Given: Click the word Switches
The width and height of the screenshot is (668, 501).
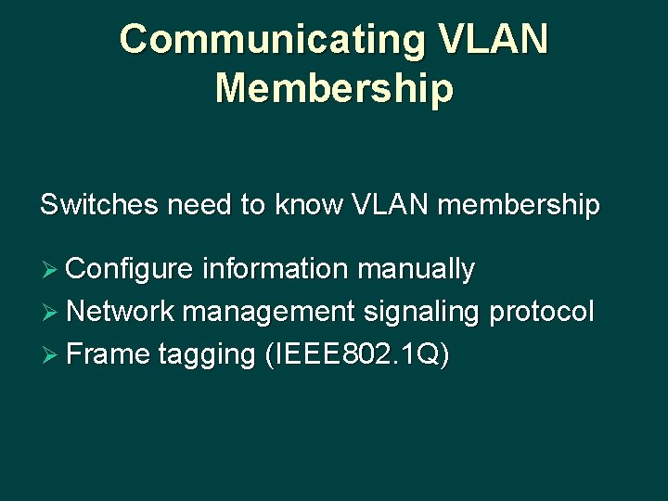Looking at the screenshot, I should point(99,205).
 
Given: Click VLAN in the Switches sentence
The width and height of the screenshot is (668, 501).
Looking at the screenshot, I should point(391,205).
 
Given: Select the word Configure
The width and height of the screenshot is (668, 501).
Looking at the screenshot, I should point(130,271).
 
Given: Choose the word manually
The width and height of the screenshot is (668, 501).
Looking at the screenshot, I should point(416,271).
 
